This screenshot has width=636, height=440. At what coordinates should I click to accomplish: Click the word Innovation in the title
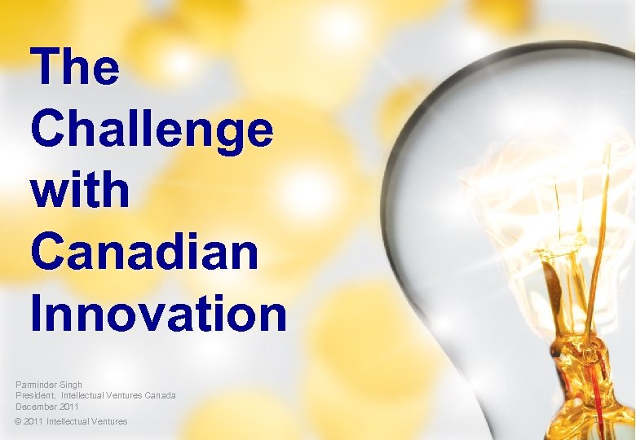[158, 314]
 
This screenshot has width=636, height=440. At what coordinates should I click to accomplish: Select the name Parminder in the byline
[38, 385]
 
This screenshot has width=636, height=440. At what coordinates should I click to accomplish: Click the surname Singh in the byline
[72, 385]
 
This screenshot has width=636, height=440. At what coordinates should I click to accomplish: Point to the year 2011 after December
[69, 406]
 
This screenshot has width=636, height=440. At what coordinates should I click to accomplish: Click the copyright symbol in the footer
[19, 421]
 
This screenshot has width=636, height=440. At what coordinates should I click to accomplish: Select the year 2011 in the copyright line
[34, 421]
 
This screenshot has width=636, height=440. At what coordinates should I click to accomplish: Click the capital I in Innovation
[38, 314]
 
